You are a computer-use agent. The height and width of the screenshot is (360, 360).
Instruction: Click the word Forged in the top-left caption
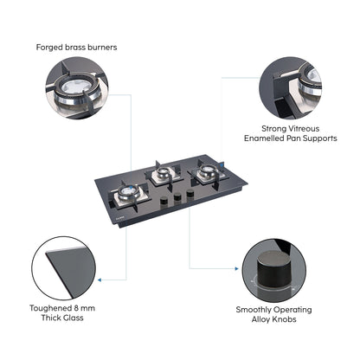point(50,47)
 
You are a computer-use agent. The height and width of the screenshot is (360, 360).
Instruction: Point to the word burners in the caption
point(100,47)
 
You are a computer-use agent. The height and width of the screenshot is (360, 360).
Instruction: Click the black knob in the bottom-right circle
point(273,268)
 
